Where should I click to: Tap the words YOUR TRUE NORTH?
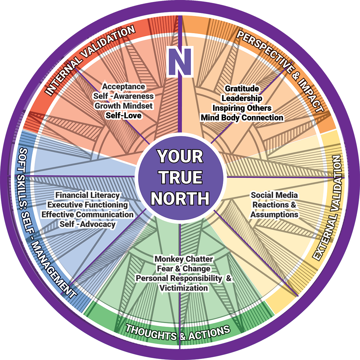click(180, 178)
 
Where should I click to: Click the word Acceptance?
click(123, 87)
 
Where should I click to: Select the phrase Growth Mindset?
click(123, 106)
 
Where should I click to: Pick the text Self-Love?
click(124, 115)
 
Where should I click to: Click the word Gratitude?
click(242, 89)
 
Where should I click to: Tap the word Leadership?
click(242, 98)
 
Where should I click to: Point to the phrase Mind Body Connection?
click(242, 117)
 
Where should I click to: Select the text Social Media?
click(274, 195)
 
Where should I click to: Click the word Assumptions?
click(274, 215)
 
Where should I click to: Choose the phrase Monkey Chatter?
click(184, 259)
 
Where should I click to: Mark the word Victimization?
click(184, 288)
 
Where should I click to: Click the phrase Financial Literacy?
click(88, 195)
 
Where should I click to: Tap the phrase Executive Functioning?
click(88, 205)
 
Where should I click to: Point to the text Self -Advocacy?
click(87, 224)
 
